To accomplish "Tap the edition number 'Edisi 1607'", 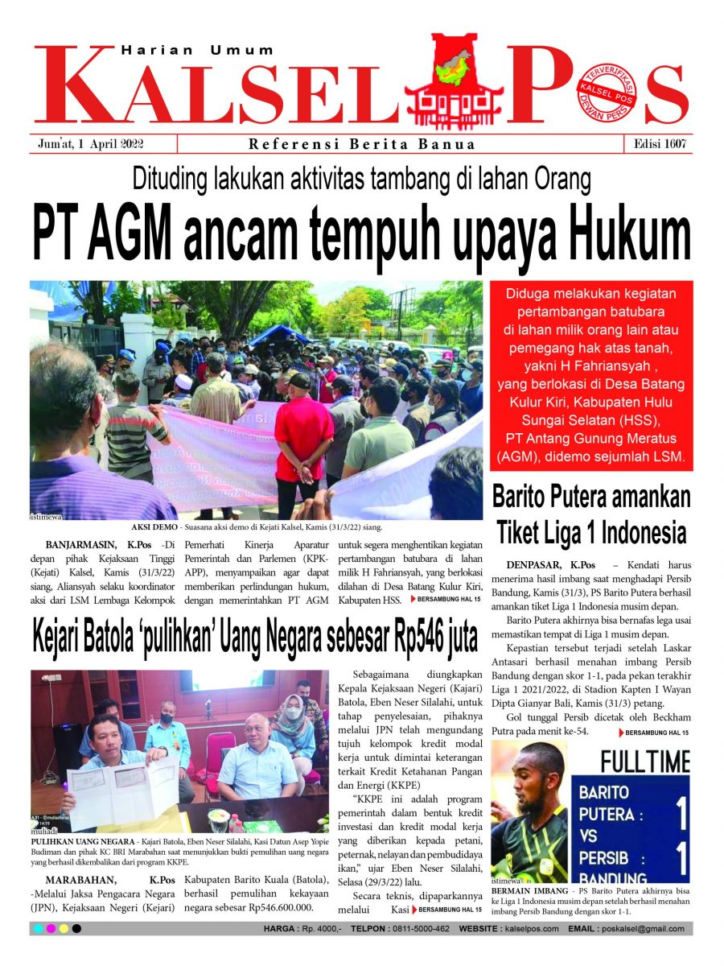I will [658, 144].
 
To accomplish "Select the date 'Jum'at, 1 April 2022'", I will [96, 144].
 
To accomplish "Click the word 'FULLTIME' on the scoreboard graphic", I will [645, 761].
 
